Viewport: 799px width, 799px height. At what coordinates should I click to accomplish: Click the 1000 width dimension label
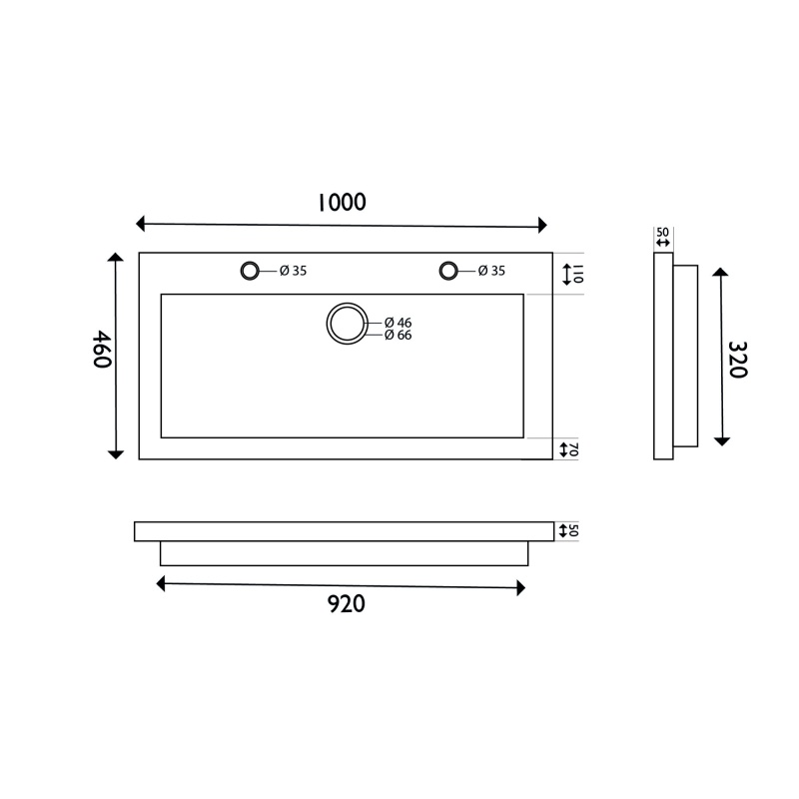[342, 203]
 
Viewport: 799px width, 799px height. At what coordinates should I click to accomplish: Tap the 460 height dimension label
[102, 349]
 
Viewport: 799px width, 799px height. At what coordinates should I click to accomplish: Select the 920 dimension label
[346, 604]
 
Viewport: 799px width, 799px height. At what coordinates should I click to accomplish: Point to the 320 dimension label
[737, 360]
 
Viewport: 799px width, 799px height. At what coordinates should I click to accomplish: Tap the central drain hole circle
[347, 305]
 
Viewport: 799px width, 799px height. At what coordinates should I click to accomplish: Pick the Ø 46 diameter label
[398, 323]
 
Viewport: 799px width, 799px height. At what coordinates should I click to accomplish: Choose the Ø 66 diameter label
[398, 335]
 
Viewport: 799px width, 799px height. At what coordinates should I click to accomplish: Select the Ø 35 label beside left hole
[293, 271]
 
